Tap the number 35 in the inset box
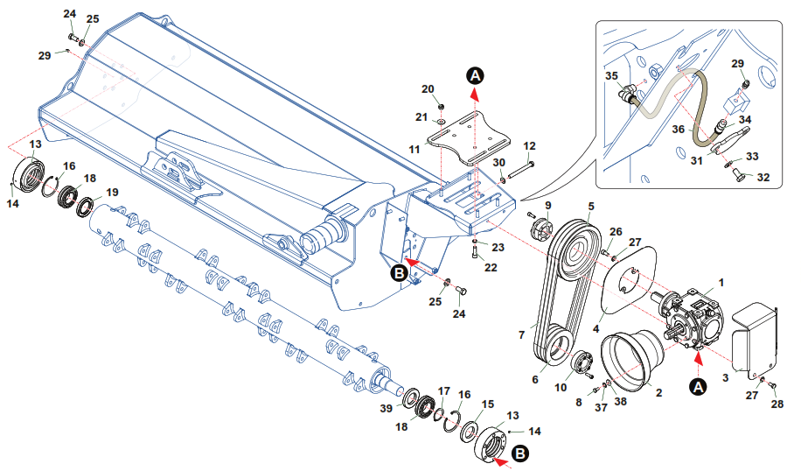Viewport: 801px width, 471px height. click(611, 77)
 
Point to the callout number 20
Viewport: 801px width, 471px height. click(428, 89)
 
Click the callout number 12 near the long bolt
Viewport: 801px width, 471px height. click(529, 145)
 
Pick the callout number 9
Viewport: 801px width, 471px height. click(548, 207)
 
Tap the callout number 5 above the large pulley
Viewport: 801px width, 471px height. click(591, 207)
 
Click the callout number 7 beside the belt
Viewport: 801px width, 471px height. click(522, 334)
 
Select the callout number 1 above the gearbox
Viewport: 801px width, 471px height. click(721, 282)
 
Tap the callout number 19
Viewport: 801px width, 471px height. click(112, 192)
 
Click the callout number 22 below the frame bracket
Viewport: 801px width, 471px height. click(491, 267)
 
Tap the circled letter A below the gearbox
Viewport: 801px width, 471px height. click(698, 384)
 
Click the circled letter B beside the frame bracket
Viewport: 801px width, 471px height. click(399, 273)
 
